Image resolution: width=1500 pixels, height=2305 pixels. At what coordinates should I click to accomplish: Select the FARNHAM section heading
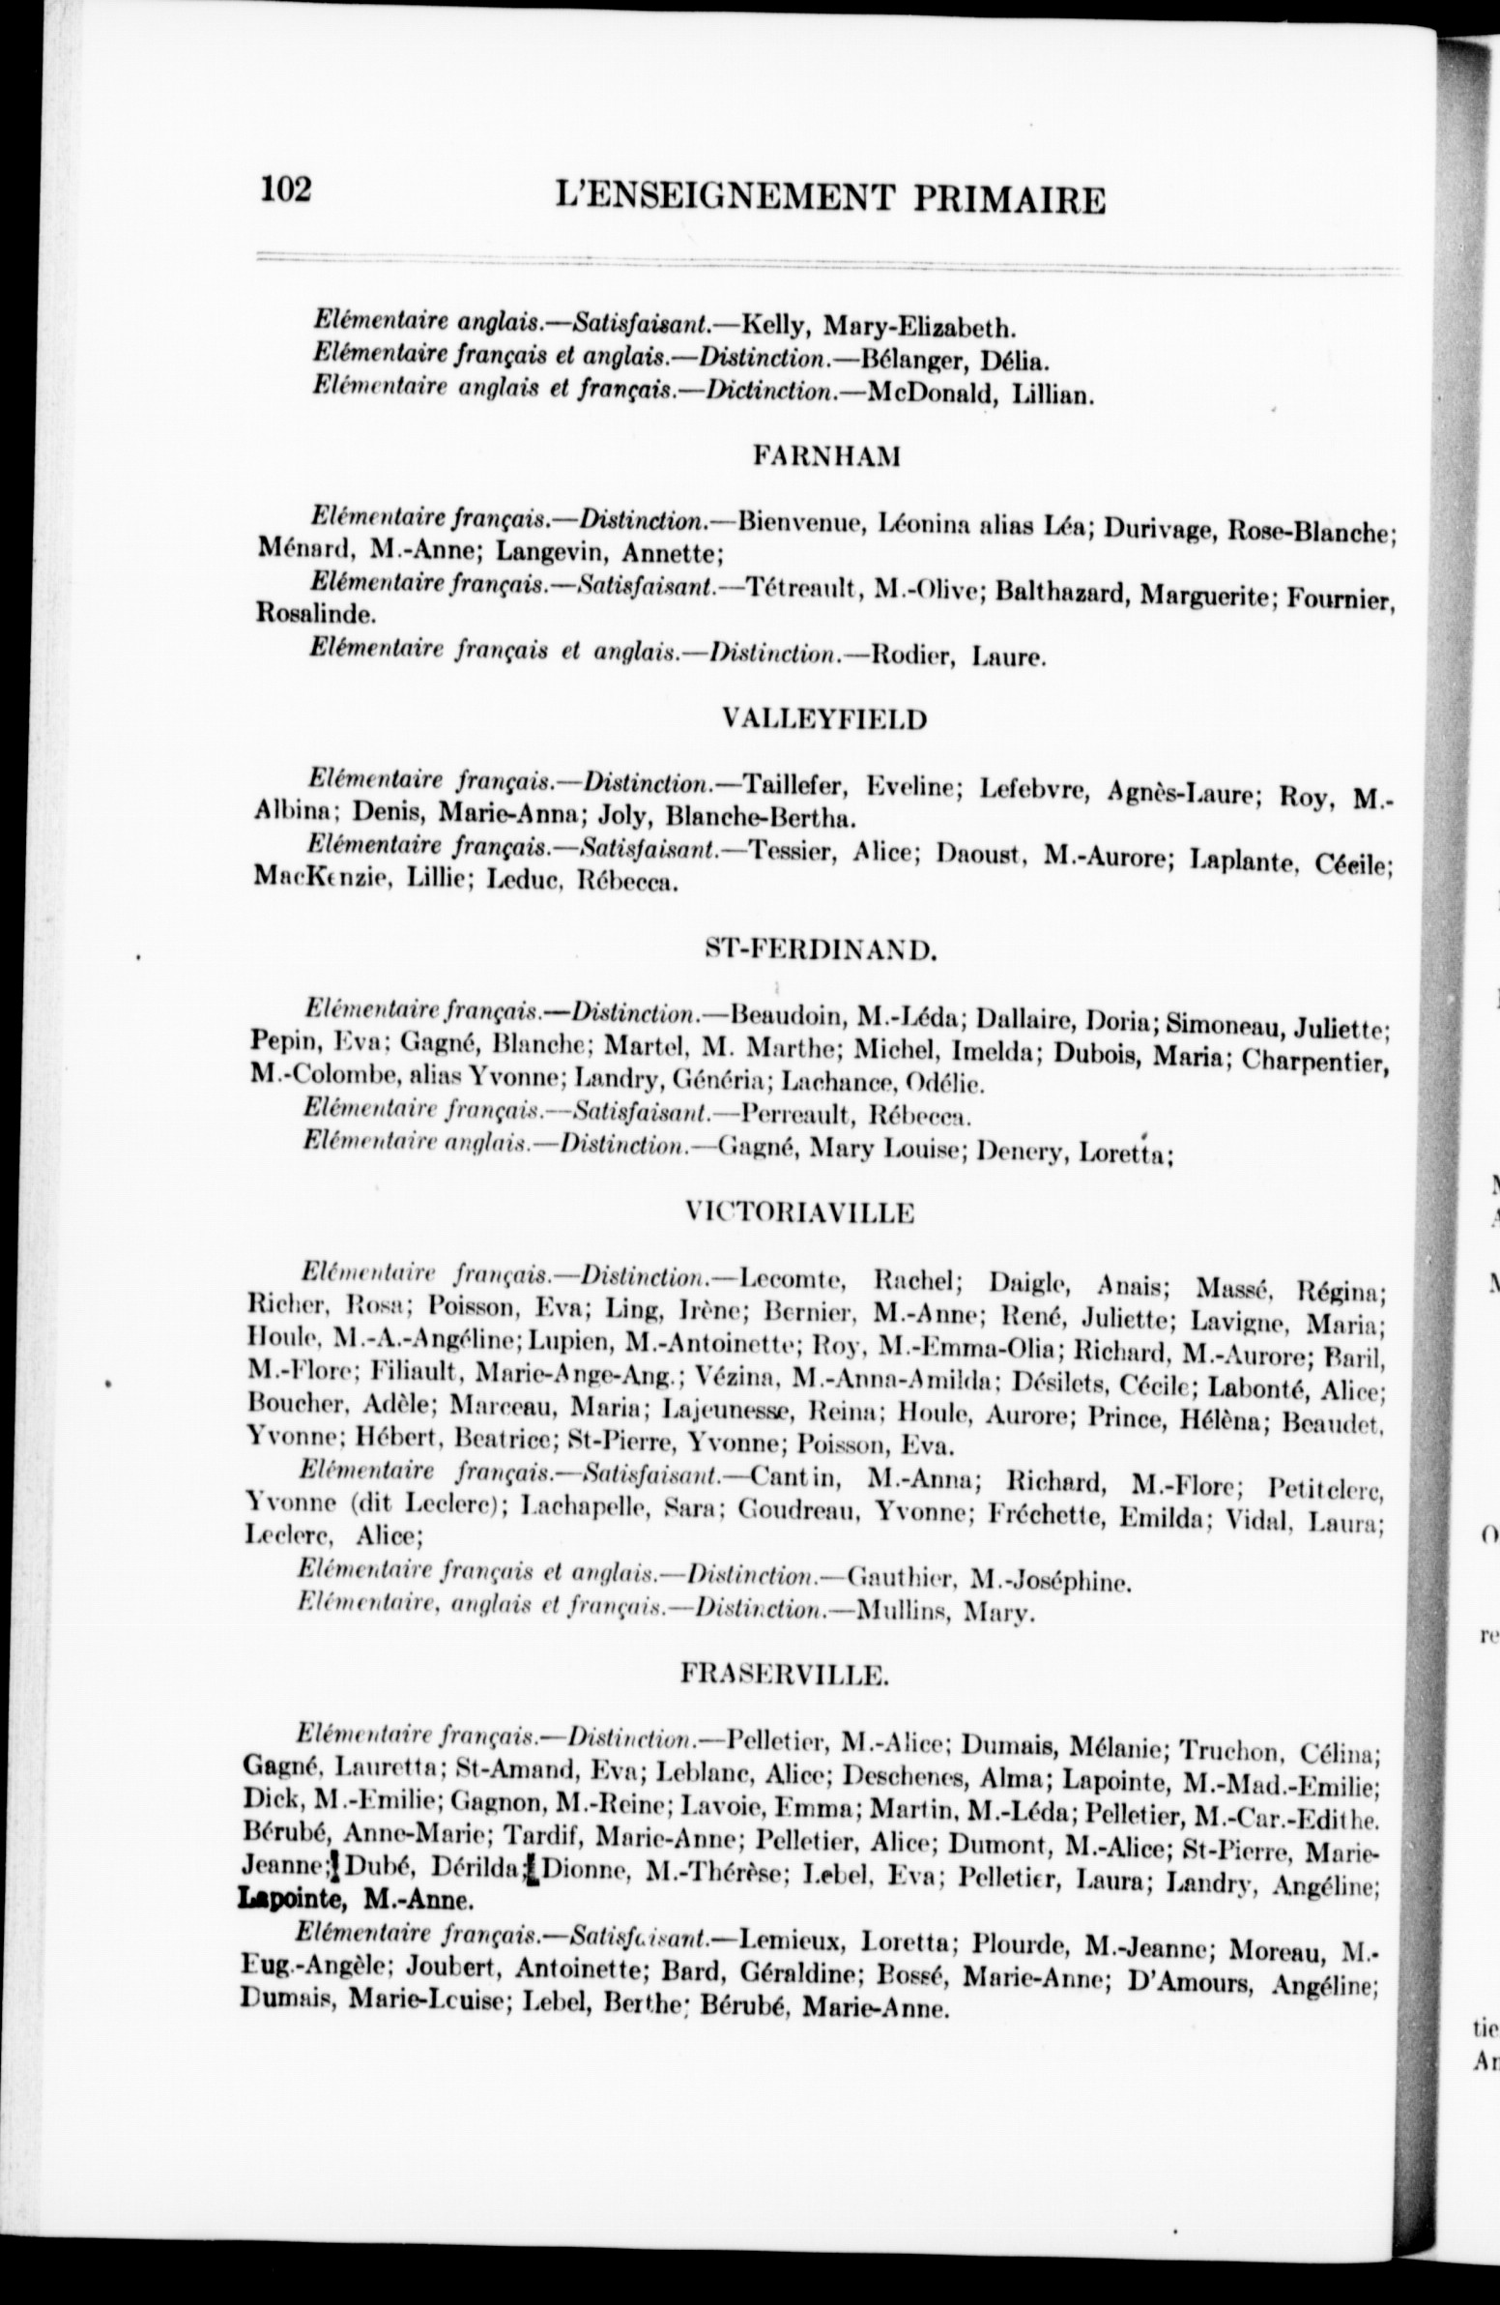[x=826, y=456]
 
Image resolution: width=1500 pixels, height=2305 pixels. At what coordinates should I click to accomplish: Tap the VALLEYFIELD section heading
[x=824, y=718]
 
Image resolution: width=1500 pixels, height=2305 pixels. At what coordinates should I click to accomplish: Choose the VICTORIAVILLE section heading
[x=800, y=1212]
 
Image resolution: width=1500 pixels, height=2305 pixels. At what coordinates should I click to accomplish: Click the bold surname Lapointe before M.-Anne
[x=286, y=1899]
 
